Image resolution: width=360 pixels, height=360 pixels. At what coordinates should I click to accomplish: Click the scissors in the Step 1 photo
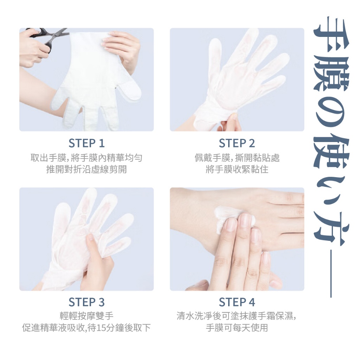pyautogui.click(x=49, y=37)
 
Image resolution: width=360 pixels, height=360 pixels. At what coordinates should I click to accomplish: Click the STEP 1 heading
pyautogui.click(x=86, y=143)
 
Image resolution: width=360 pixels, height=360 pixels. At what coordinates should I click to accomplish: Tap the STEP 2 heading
pyautogui.click(x=237, y=143)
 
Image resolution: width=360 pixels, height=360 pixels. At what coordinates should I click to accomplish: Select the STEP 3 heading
pyautogui.click(x=86, y=302)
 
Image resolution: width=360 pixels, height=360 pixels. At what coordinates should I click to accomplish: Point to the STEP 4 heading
pyautogui.click(x=237, y=302)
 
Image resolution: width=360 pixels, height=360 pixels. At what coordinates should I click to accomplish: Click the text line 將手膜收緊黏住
pyautogui.click(x=237, y=170)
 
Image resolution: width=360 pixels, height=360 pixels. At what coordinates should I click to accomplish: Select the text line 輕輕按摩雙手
pyautogui.click(x=86, y=316)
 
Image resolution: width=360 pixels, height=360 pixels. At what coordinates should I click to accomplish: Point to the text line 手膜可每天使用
pyautogui.click(x=237, y=328)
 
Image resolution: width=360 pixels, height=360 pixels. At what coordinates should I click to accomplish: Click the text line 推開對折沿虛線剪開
pyautogui.click(x=86, y=170)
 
